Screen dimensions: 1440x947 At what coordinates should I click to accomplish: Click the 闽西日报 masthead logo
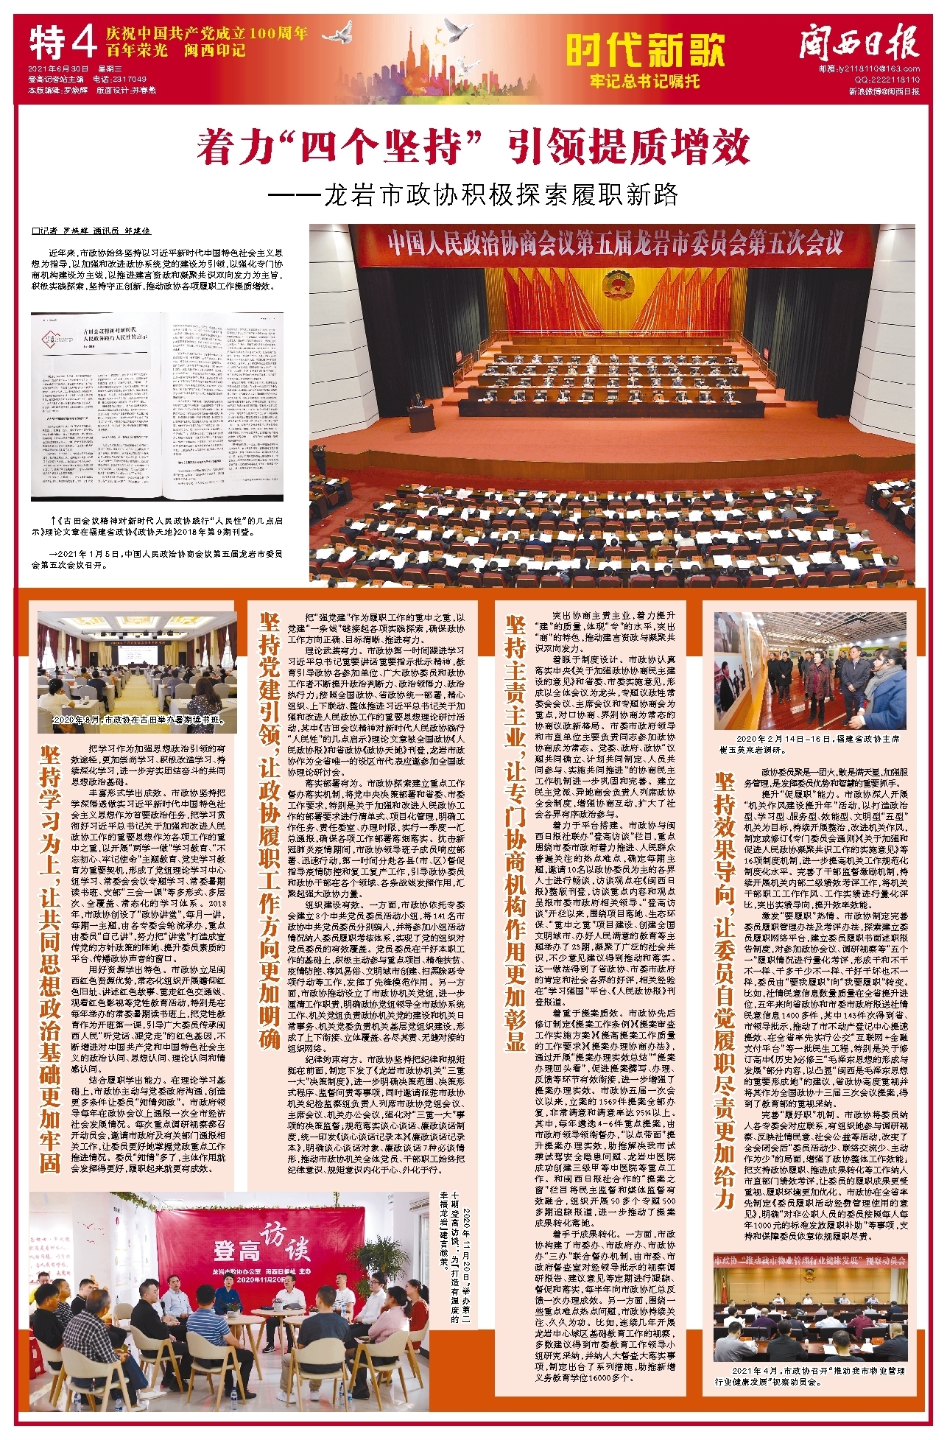tap(859, 43)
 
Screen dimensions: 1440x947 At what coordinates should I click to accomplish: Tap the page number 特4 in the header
tap(63, 43)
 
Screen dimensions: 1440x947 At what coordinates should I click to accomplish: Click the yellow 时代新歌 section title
tap(646, 49)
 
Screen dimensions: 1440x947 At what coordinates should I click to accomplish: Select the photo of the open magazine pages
tap(157, 404)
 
